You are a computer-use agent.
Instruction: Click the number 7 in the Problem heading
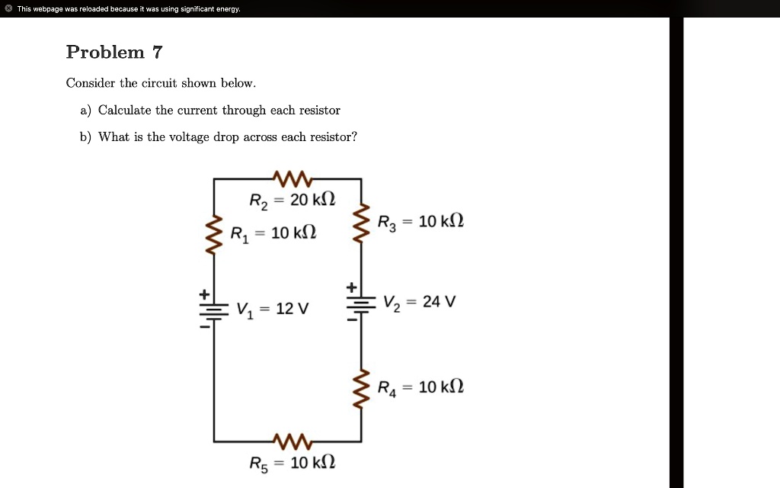[157, 53]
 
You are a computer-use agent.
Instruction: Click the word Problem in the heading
[105, 53]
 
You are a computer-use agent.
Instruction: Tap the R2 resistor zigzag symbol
[288, 179]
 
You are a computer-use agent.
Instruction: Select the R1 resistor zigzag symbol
[214, 230]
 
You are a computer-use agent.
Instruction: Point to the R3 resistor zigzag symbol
[361, 222]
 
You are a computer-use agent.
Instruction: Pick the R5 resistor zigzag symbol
[288, 441]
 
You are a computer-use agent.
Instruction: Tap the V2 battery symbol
[361, 303]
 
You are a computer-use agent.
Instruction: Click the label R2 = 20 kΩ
[292, 201]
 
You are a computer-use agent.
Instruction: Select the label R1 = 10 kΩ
[273, 233]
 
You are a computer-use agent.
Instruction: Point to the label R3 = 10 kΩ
[421, 222]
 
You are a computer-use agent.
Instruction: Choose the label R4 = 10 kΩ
[421, 387]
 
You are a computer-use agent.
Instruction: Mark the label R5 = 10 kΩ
[292, 463]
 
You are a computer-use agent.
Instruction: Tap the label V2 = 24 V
[420, 301]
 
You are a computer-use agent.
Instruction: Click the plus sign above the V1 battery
[204, 294]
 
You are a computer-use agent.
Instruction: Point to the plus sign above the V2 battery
[351, 287]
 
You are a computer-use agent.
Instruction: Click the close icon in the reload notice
[8, 9]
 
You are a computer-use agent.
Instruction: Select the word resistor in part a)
[320, 111]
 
